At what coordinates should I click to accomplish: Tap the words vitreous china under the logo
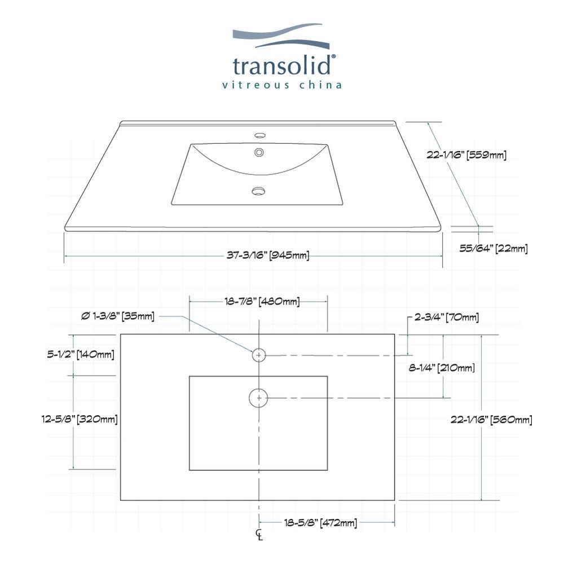click(283, 85)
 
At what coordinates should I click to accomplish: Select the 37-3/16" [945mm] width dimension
click(268, 255)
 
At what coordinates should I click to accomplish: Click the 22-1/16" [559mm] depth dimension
click(466, 155)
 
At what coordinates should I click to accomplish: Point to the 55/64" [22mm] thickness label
click(493, 248)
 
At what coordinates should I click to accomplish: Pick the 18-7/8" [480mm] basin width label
click(262, 302)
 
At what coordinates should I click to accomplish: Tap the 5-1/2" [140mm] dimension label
click(81, 355)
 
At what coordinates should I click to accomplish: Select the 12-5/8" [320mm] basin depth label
click(80, 419)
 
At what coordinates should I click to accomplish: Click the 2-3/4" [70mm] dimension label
click(446, 318)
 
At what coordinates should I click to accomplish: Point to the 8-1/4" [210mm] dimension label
click(442, 368)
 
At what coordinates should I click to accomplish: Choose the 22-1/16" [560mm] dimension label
click(491, 419)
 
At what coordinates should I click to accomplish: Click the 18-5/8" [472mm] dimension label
click(320, 523)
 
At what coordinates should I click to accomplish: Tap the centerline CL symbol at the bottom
click(259, 535)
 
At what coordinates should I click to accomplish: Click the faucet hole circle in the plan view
click(258, 355)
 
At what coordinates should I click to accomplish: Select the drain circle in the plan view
click(258, 398)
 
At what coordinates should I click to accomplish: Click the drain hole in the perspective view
click(258, 191)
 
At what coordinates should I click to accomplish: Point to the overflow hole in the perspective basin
click(259, 152)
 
